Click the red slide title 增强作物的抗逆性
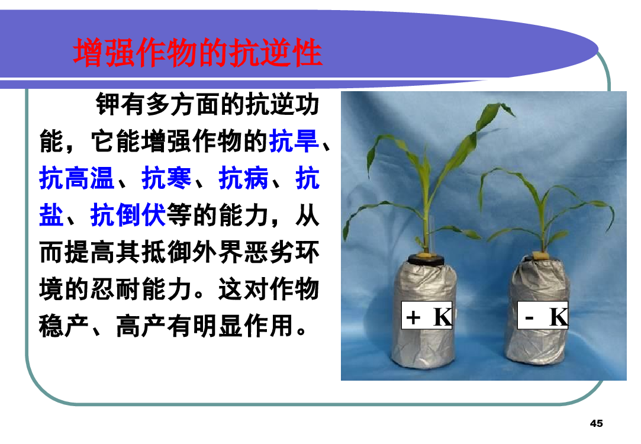(x=198, y=53)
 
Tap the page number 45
(x=597, y=423)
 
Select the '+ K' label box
(x=427, y=315)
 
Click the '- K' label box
(x=543, y=315)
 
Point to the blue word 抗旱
(x=294, y=141)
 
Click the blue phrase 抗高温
(x=76, y=178)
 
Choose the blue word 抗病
(x=244, y=178)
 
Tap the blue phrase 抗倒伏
(x=128, y=215)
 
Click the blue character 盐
(x=51, y=215)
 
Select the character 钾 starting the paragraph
(x=108, y=105)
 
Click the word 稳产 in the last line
(x=64, y=326)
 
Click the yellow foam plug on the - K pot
(x=541, y=256)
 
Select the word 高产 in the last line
(x=141, y=326)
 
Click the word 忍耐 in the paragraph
(x=115, y=289)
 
